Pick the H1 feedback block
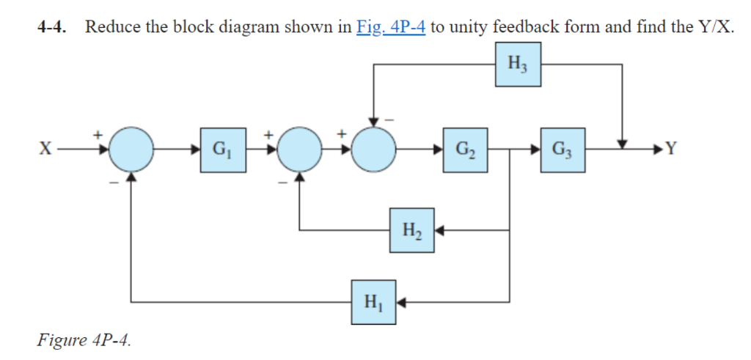(373, 301)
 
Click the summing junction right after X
(131, 150)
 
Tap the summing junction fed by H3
(374, 150)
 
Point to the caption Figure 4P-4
(84, 340)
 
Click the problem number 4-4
(52, 28)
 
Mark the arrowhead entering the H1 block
(402, 301)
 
